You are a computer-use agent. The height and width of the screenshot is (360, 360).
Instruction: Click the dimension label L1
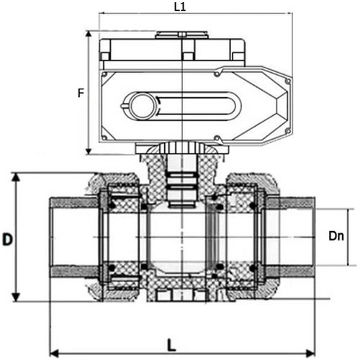point(180,6)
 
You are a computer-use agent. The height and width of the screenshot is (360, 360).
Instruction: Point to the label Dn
point(336,235)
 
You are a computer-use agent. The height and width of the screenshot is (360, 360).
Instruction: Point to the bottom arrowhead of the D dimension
point(16,300)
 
